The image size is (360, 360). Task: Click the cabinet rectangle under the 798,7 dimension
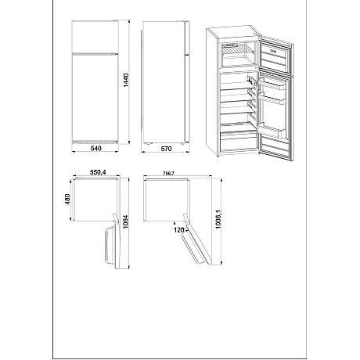tap(166, 199)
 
